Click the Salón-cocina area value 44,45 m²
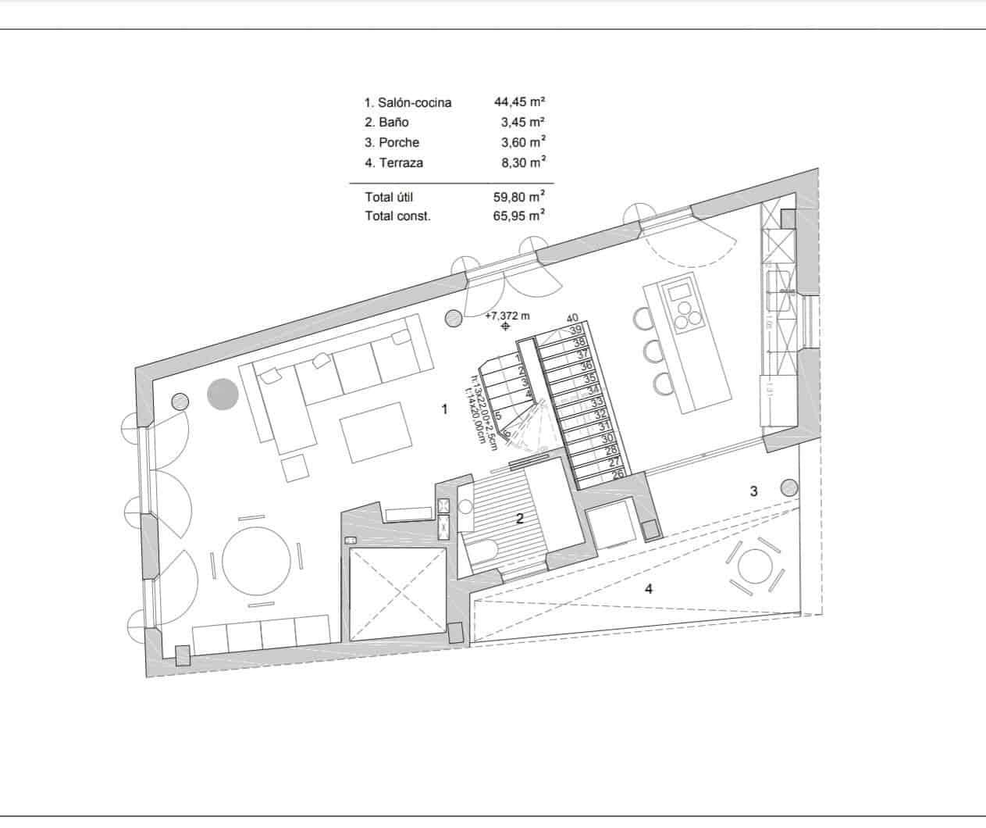coord(519,102)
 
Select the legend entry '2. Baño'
coord(386,122)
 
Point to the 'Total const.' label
coord(397,216)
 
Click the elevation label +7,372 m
coord(507,316)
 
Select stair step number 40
coord(572,318)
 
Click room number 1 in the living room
coord(444,409)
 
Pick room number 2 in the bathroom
coord(518,517)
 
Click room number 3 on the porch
coord(753,491)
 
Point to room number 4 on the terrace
coord(649,589)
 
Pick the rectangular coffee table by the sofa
coord(372,430)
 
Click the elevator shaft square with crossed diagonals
coord(397,593)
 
